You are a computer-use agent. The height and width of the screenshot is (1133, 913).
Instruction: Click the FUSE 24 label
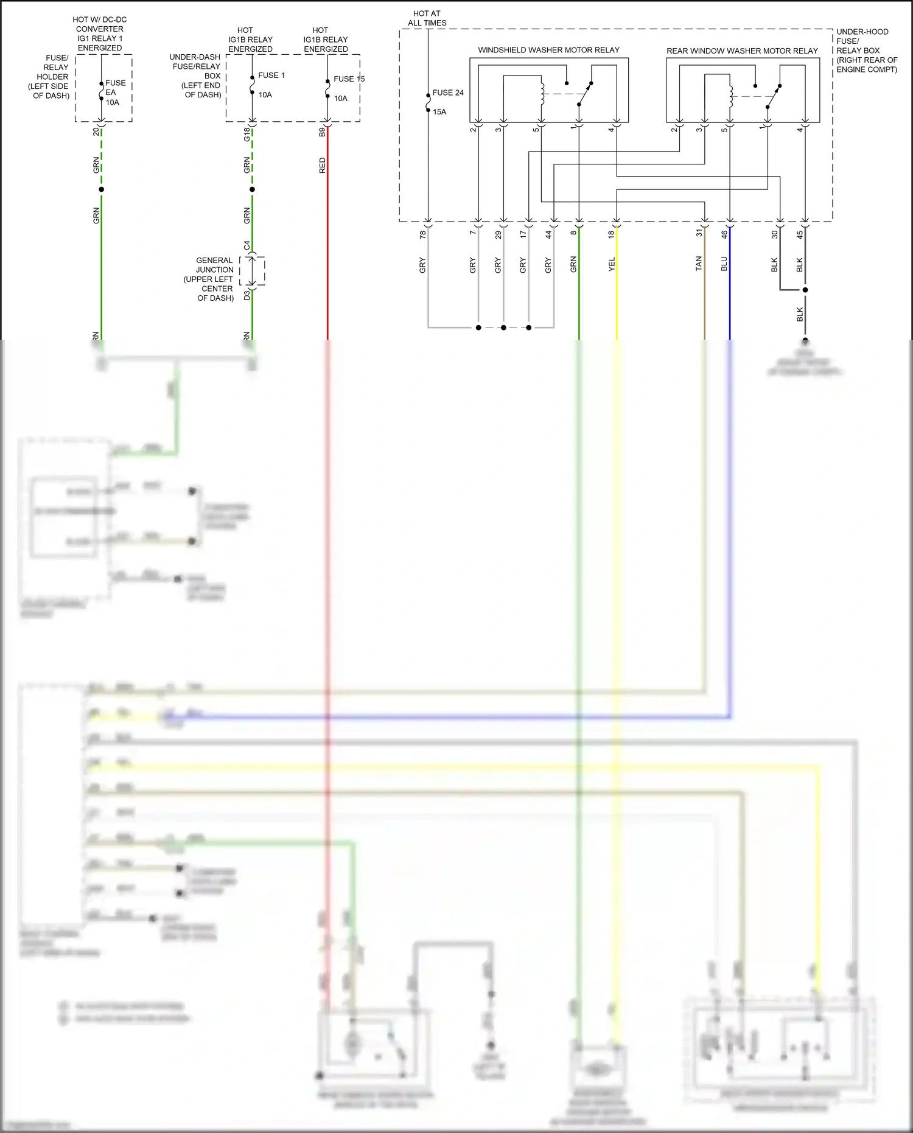tap(448, 93)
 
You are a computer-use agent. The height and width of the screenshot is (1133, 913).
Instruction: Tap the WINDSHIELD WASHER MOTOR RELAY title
tap(548, 50)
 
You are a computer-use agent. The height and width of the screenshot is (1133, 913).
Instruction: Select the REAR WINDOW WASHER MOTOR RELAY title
tap(742, 51)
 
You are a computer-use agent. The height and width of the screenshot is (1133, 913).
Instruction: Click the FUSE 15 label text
tap(349, 79)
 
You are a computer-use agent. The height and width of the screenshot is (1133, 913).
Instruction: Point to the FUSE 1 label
tap(271, 75)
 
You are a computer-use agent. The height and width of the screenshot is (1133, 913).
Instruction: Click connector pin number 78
tap(422, 234)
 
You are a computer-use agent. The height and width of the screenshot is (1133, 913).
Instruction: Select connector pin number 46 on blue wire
tap(724, 234)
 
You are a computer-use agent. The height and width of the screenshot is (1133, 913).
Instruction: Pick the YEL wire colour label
tap(612, 264)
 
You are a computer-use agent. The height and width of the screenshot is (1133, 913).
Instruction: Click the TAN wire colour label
tap(699, 264)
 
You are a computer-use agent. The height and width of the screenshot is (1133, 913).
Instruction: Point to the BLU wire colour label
tap(724, 264)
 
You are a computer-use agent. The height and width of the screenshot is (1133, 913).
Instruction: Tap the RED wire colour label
tap(322, 165)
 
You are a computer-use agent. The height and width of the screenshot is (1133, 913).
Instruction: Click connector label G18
tap(247, 135)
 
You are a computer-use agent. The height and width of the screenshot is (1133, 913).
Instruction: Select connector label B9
tap(322, 132)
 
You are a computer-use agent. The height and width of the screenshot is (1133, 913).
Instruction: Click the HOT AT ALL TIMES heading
tap(427, 18)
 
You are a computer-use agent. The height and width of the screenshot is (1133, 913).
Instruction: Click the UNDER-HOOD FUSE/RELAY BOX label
tap(866, 50)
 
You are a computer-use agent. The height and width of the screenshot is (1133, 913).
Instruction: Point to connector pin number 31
tap(699, 234)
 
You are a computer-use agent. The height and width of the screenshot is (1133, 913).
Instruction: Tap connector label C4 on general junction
tap(247, 245)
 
